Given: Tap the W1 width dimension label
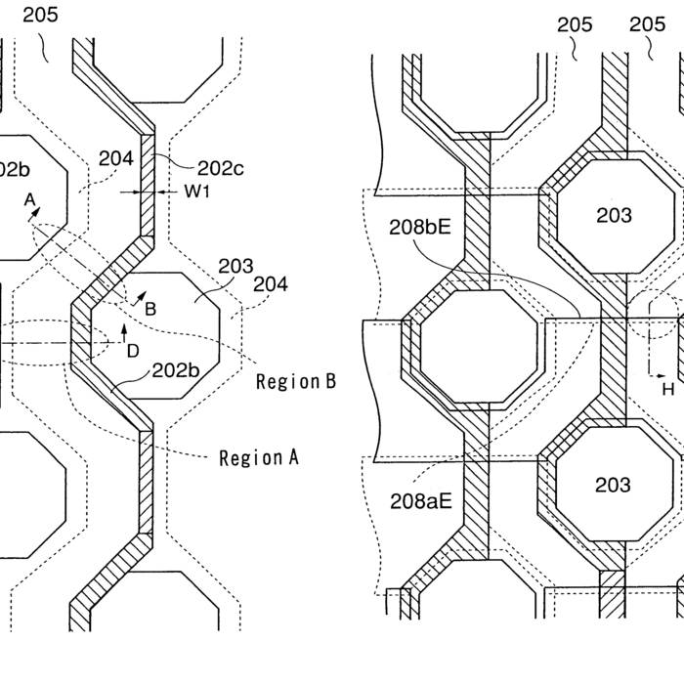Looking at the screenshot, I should coord(198,192).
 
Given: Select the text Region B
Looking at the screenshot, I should coord(295,381).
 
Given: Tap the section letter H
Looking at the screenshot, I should coord(668,388).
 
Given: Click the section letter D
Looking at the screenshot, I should coord(134,349).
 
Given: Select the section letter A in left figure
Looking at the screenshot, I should coord(30,200).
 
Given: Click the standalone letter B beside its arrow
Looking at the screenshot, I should coord(150,309).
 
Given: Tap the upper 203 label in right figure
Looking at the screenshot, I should coord(614,216).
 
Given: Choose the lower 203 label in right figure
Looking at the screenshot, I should coord(614,486).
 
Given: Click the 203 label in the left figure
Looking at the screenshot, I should coord(235,266).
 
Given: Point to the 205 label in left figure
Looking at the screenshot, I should coord(40,15).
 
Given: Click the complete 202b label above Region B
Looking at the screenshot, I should coord(176,370).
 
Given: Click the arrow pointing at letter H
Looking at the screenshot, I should coord(657,374).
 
